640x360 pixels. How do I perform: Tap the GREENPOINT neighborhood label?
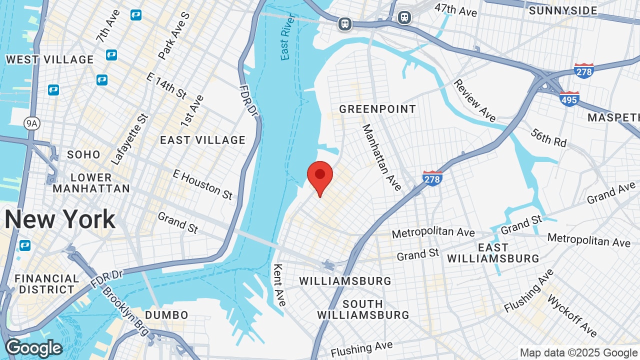tap(377, 109)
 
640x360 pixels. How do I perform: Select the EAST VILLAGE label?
tap(202, 140)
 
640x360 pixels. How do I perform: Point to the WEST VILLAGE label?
tap(49, 59)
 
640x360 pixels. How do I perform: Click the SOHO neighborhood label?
tap(84, 154)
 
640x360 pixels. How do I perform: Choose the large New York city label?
tap(60, 219)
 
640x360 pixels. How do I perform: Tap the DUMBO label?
tap(166, 315)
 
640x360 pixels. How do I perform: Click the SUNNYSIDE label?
tap(562, 10)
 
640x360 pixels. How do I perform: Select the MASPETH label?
tap(613, 117)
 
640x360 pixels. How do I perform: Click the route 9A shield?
tap(31, 123)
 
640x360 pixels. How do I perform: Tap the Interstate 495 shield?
tap(569, 98)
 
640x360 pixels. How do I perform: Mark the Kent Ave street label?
tap(279, 285)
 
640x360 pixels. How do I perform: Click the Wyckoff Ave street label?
tap(572, 316)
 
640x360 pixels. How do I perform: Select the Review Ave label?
tap(474, 100)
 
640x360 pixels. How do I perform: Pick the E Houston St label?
tap(202, 184)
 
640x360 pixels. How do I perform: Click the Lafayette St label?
tap(129, 139)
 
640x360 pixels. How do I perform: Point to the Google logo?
tap(34, 348)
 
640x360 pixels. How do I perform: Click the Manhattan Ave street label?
tap(381, 157)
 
